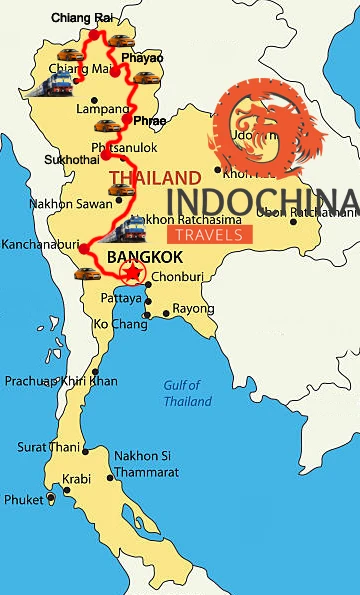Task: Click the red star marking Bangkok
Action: [131, 273]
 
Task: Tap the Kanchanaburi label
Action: [37, 242]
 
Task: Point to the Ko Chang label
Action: [114, 325]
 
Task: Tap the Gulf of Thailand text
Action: [187, 393]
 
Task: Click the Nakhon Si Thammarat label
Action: [145, 462]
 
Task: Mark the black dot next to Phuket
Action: [51, 499]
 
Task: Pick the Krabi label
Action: [78, 479]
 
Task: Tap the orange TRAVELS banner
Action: [210, 235]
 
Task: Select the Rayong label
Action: [193, 309]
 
